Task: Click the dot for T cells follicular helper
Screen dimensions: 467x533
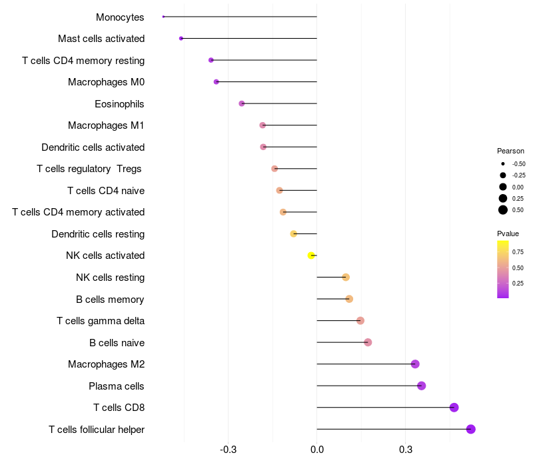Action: pyautogui.click(x=471, y=429)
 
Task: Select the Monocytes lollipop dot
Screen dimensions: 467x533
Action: pyautogui.click(x=163, y=17)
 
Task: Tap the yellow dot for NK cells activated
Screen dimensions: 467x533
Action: pyautogui.click(x=311, y=256)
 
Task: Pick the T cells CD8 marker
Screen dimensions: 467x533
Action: pyautogui.click(x=454, y=408)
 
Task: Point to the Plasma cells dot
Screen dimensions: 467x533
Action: pyautogui.click(x=421, y=386)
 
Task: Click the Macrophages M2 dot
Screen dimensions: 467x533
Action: pyautogui.click(x=415, y=364)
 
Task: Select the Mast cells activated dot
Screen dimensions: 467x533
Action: pyautogui.click(x=181, y=39)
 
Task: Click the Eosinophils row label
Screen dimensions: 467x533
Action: pyautogui.click(x=119, y=104)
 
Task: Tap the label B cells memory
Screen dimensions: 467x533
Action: pyautogui.click(x=110, y=300)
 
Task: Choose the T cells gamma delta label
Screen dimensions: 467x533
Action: pyautogui.click(x=101, y=321)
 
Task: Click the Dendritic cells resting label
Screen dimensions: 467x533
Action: pyautogui.click(x=98, y=234)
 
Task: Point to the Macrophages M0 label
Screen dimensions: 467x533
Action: pyautogui.click(x=106, y=82)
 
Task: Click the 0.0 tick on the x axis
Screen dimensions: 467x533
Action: pyautogui.click(x=317, y=450)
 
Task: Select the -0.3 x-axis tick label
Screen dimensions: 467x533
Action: pyautogui.click(x=229, y=450)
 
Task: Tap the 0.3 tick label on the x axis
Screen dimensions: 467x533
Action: pyautogui.click(x=405, y=450)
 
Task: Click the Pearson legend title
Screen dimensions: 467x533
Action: pyautogui.click(x=510, y=151)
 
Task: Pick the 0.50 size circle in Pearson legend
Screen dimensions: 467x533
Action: pyautogui.click(x=503, y=210)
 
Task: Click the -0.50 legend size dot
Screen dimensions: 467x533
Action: pyautogui.click(x=503, y=163)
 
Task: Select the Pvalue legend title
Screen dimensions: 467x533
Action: pyautogui.click(x=508, y=233)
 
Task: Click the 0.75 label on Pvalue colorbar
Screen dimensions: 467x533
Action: pyautogui.click(x=518, y=252)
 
